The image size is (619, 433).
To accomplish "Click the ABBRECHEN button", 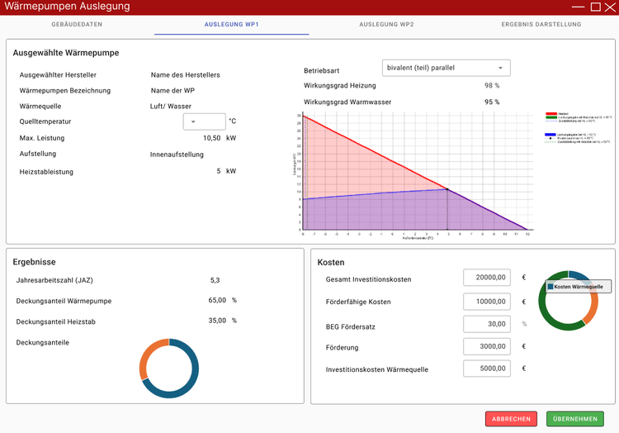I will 511,419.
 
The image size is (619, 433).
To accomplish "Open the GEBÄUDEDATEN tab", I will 77,25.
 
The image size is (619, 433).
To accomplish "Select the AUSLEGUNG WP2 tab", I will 386,25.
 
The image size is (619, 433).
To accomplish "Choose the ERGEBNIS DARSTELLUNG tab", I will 541,25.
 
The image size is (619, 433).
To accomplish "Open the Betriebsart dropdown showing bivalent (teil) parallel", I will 447,68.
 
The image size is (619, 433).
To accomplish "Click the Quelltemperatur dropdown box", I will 203,121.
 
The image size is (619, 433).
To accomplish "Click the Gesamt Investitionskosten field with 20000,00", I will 488,278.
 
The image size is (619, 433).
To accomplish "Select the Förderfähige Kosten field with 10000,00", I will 488,302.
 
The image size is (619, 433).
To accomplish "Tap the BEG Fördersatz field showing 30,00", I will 488,324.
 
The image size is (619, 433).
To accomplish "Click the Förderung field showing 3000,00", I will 488,347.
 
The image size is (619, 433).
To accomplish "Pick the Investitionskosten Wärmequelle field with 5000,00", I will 488,369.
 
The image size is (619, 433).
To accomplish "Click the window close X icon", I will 610,7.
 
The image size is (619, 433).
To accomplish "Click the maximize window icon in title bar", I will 595,7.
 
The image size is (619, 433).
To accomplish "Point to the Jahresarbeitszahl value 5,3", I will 215,280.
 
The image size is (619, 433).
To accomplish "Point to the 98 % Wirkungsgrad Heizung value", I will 492,85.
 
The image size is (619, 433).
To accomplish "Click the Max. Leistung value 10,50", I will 212,138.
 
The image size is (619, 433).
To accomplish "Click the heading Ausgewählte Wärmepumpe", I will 66,53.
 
